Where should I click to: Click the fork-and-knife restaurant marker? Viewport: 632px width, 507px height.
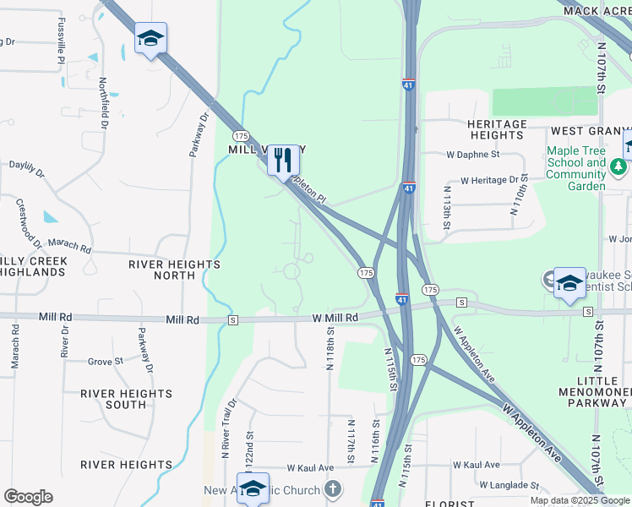point(284,159)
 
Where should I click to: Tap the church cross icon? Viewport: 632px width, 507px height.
point(334,489)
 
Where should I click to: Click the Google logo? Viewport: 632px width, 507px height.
point(28,497)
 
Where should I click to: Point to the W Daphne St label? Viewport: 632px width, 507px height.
point(473,155)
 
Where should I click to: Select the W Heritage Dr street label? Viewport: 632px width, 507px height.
point(489,180)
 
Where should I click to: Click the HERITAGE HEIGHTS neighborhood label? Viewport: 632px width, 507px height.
point(497,129)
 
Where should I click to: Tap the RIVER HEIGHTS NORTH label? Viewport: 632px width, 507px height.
point(174,270)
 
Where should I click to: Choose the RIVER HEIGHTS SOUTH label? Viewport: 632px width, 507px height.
point(127,399)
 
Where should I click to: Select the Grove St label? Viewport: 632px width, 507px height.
point(106,362)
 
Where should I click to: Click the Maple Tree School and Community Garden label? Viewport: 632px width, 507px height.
point(576,168)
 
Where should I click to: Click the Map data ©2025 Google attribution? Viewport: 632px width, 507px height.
point(580,500)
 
